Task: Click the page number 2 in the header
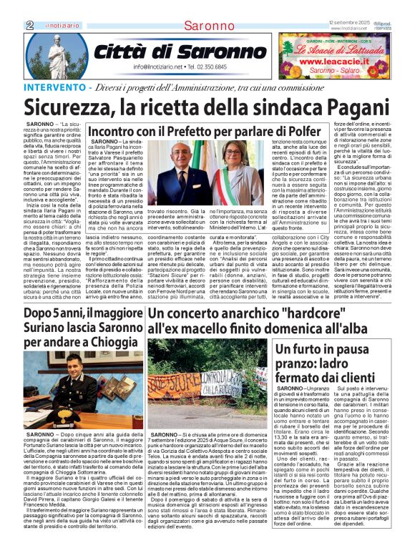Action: [29, 25]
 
